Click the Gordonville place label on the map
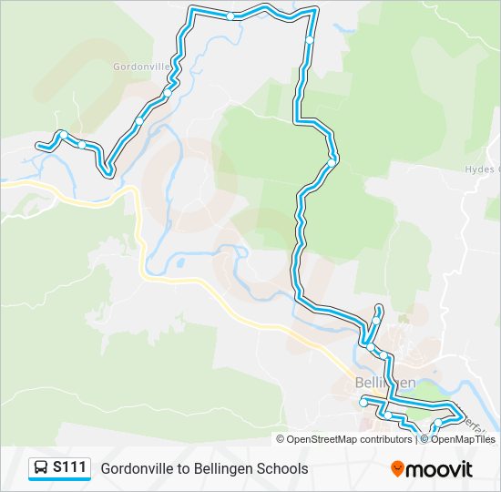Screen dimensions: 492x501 [142, 67]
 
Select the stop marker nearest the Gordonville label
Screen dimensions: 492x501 [168, 93]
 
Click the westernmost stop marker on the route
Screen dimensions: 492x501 [63, 136]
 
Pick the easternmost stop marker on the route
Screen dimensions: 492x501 [436, 423]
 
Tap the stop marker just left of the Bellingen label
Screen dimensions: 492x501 [363, 402]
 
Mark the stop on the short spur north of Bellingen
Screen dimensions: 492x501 [375, 321]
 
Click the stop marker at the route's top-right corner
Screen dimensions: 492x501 [310, 40]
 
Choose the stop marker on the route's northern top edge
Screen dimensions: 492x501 [231, 15]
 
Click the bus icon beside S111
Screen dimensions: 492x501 [41, 468]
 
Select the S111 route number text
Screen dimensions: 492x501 [70, 468]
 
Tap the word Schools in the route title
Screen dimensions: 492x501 [282, 469]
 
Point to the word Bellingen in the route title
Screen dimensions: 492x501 [222, 469]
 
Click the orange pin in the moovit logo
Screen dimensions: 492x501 [397, 469]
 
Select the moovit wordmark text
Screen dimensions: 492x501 [439, 469]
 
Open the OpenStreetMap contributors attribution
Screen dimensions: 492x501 [349, 439]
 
